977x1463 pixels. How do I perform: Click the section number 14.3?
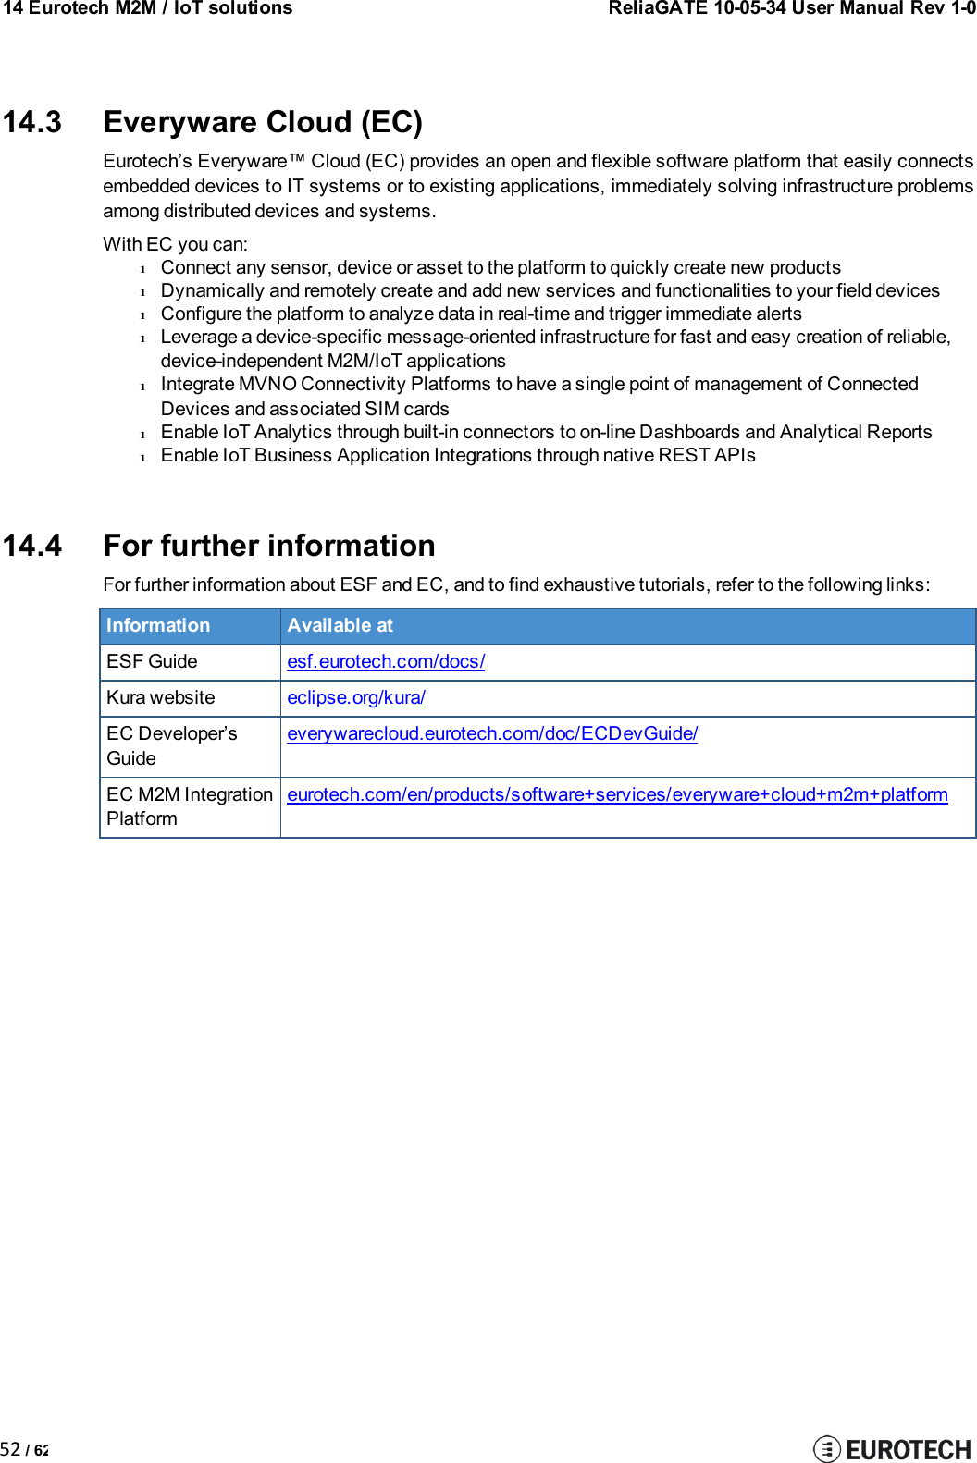pyautogui.click(x=32, y=122)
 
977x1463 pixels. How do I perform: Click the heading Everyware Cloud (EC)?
pyautogui.click(x=263, y=122)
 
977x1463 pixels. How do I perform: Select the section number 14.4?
pyautogui.click(x=32, y=546)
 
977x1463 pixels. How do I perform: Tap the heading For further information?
pyautogui.click(x=269, y=546)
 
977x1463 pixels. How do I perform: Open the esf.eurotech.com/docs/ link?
pyautogui.click(x=386, y=661)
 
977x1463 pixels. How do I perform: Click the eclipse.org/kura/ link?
pyautogui.click(x=356, y=697)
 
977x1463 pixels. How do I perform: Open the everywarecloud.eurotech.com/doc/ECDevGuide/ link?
pyautogui.click(x=492, y=733)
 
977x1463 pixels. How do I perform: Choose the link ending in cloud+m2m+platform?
pyautogui.click(x=617, y=794)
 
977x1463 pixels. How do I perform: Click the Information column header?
pyautogui.click(x=158, y=625)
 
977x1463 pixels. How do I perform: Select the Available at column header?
pyautogui.click(x=340, y=625)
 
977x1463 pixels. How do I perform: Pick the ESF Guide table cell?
pyautogui.click(x=152, y=661)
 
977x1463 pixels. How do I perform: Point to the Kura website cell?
pyautogui.click(x=160, y=697)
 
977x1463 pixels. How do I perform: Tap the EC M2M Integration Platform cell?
pyautogui.click(x=189, y=806)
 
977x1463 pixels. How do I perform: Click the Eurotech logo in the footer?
pyautogui.click(x=892, y=1448)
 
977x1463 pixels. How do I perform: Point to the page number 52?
pyautogui.click(x=11, y=1449)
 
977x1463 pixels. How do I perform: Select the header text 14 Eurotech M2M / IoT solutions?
pyautogui.click(x=148, y=8)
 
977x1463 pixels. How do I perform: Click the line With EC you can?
pyautogui.click(x=175, y=244)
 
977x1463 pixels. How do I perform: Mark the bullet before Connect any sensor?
pyautogui.click(x=143, y=269)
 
